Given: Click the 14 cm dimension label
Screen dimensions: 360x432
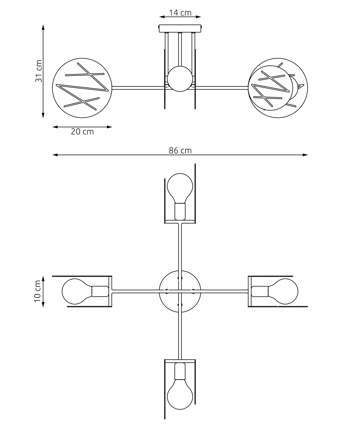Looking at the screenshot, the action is click(180, 13).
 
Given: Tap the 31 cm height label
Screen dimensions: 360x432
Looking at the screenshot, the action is click(39, 71).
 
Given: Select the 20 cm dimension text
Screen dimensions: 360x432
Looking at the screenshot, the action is click(82, 132).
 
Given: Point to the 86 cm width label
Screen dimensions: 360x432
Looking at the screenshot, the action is click(180, 151).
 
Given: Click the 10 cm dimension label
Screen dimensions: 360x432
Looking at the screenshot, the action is click(38, 291).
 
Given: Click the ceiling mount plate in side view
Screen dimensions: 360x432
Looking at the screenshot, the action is click(180, 29).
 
